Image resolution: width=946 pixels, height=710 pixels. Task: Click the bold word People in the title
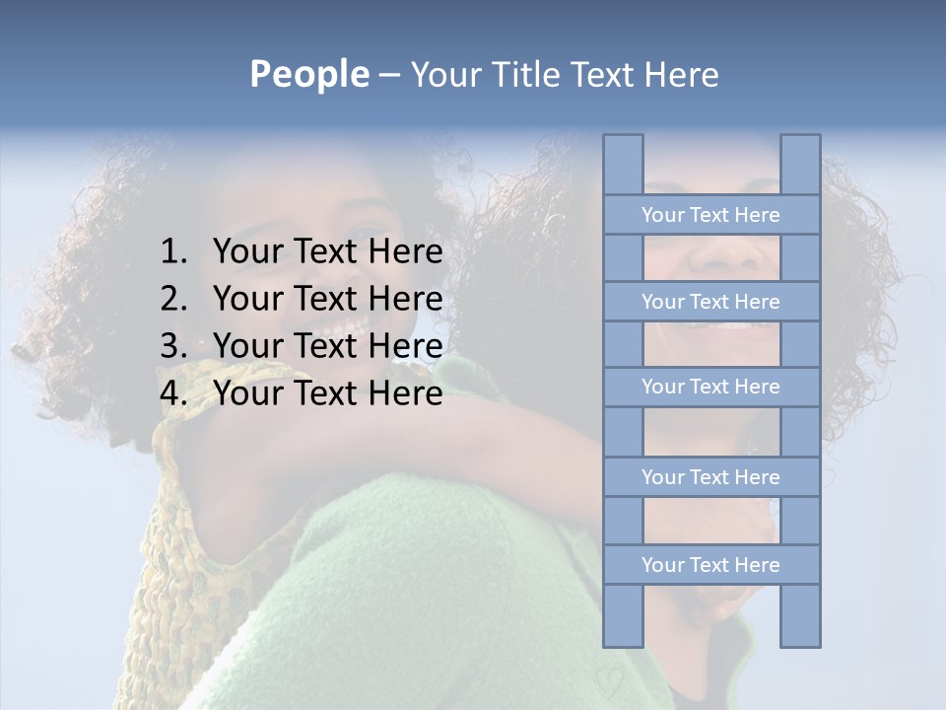point(308,74)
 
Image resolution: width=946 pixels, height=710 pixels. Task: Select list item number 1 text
point(327,252)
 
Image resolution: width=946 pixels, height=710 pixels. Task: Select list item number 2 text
point(327,299)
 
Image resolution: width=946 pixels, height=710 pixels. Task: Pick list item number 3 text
point(327,346)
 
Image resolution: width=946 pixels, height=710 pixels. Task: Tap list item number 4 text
point(327,393)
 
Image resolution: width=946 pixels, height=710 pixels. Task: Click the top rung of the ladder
point(710,215)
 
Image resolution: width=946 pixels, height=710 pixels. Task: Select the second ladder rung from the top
point(710,302)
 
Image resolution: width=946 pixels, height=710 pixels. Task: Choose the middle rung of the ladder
point(710,387)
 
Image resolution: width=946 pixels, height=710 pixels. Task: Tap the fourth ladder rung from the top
point(710,477)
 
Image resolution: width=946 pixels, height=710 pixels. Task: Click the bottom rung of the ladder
point(710,565)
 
